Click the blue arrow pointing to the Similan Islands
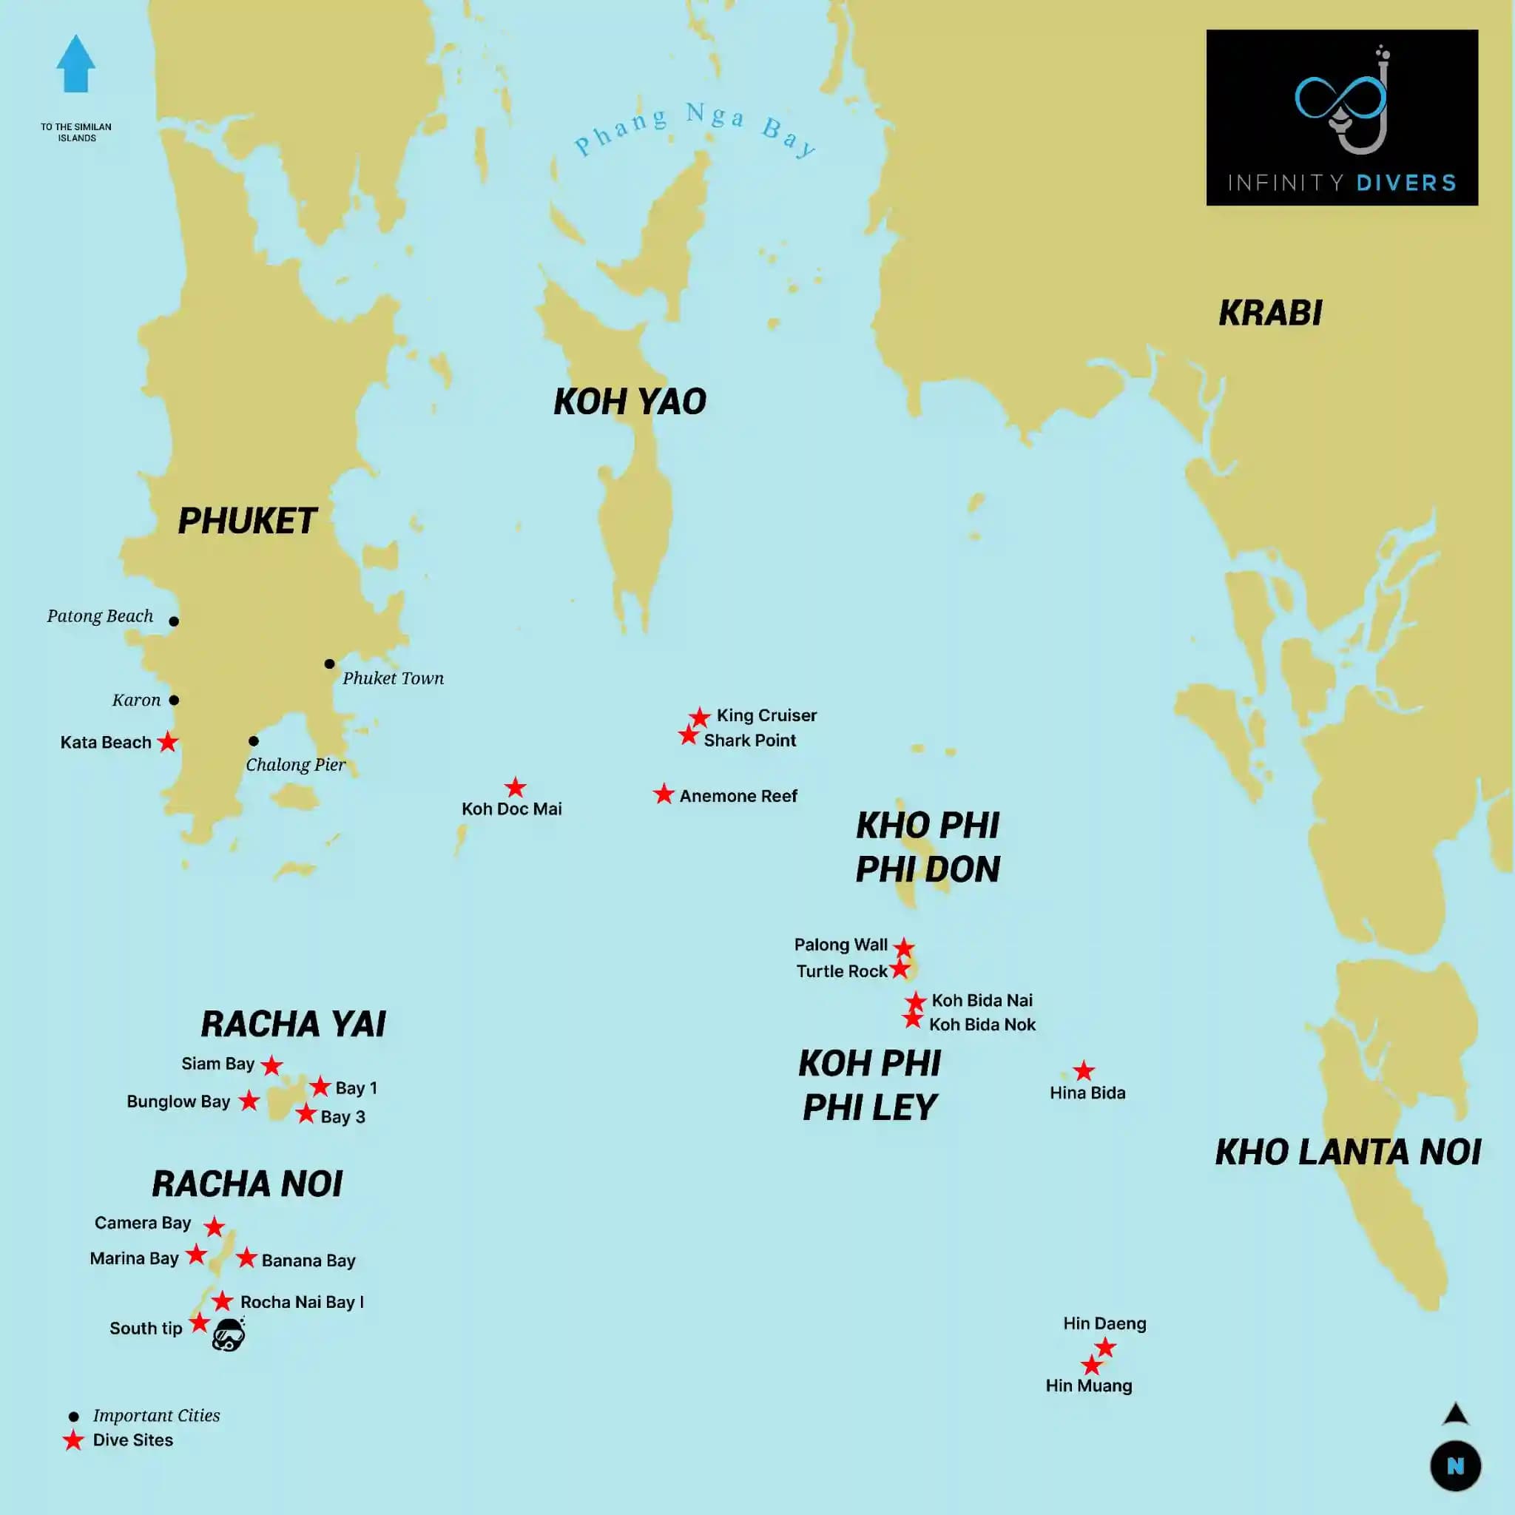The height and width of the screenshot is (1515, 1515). [x=75, y=64]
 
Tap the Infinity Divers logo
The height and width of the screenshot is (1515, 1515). [x=1341, y=118]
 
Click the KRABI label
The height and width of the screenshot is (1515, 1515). [x=1269, y=313]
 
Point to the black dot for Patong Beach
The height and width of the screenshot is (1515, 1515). [x=174, y=621]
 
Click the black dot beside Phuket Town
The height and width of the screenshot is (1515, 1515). [x=329, y=664]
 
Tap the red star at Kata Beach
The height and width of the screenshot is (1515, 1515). [x=168, y=742]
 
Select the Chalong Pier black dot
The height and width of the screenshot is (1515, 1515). [x=253, y=741]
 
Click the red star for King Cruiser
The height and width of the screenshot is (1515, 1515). [x=700, y=717]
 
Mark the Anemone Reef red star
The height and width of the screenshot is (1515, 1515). [x=664, y=794]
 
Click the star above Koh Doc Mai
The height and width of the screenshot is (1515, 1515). [x=515, y=787]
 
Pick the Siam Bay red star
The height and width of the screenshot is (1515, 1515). [x=271, y=1066]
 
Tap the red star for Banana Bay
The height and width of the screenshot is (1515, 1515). [x=246, y=1258]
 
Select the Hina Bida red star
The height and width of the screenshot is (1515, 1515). [x=1084, y=1071]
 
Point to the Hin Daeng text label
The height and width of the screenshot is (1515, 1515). [x=1104, y=1323]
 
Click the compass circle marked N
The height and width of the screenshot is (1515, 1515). [x=1454, y=1465]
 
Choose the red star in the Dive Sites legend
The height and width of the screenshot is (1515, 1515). [x=74, y=1440]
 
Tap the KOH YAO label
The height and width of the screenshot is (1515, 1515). [x=630, y=402]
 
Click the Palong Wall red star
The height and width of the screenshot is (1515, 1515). [x=904, y=948]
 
